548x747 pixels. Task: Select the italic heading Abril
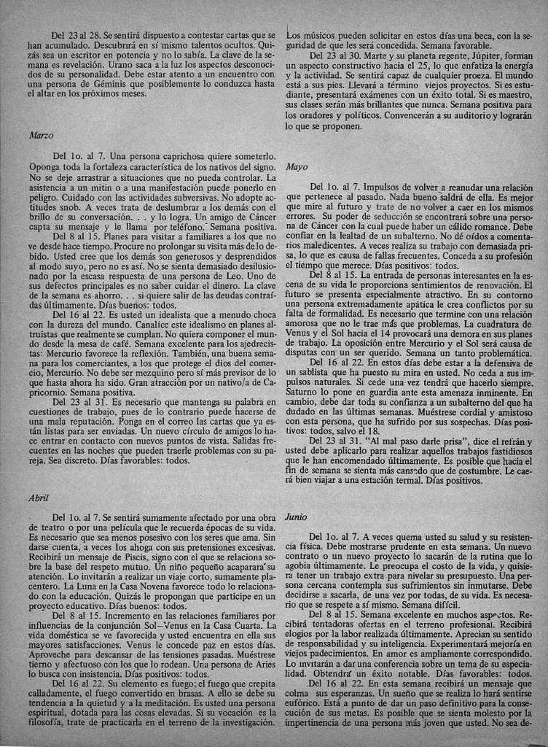pyautogui.click(x=38, y=498)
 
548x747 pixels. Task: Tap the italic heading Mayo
pyautogui.click(x=297, y=167)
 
